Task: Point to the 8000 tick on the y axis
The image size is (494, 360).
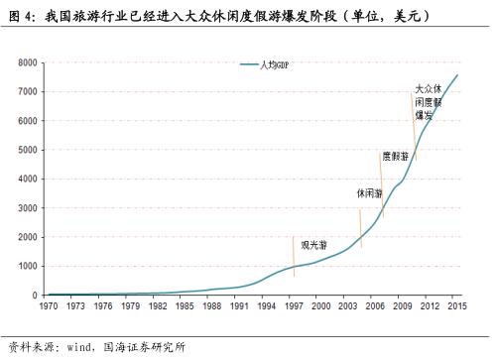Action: pos(28,62)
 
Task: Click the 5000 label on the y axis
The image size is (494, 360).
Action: pos(28,150)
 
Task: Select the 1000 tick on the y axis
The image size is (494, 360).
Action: pos(28,266)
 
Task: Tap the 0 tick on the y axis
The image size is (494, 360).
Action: pos(35,295)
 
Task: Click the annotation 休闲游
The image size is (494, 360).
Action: pos(368,193)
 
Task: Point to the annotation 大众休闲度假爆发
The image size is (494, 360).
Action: pos(428,102)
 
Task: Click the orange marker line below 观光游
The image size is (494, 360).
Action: pos(295,263)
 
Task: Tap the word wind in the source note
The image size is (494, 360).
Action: pos(78,347)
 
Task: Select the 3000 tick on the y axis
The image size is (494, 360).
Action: pos(28,207)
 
